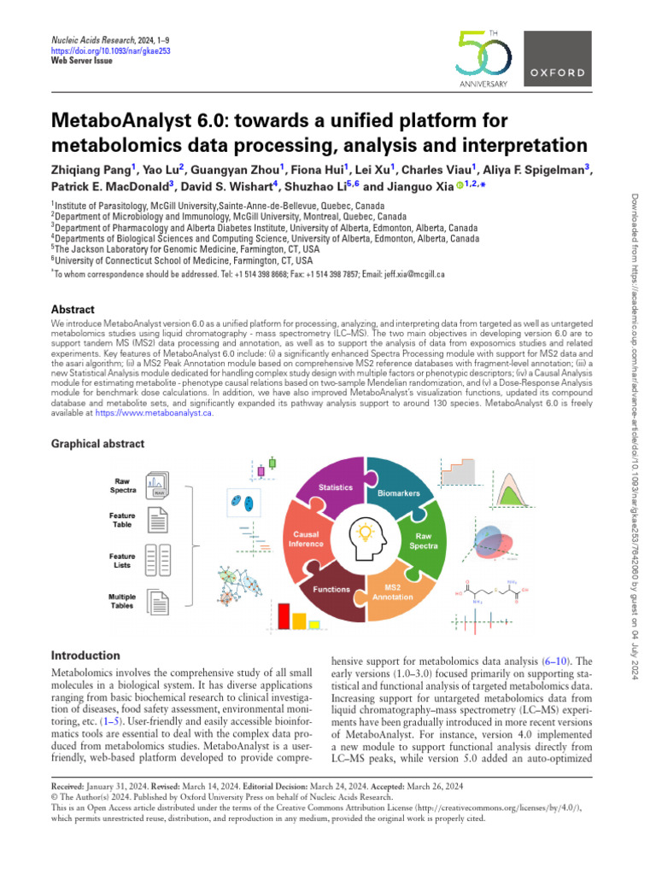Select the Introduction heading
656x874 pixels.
click(x=85, y=655)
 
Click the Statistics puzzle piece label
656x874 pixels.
click(x=336, y=486)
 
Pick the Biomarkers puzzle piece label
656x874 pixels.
click(x=395, y=493)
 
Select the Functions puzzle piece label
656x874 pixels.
click(x=331, y=589)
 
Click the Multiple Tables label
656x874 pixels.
click(x=122, y=601)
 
